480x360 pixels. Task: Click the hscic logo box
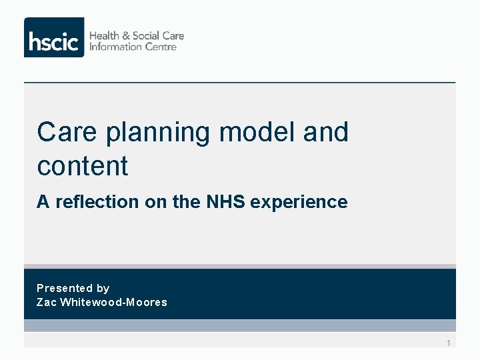pyautogui.click(x=54, y=37)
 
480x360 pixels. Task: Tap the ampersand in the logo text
pyautogui.click(x=127, y=35)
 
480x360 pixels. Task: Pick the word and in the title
pyautogui.click(x=325, y=132)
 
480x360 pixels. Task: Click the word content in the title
pyautogui.click(x=82, y=166)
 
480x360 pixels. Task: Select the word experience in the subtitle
pyautogui.click(x=299, y=202)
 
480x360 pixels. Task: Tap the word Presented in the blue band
pyautogui.click(x=65, y=288)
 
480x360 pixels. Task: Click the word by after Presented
pyautogui.click(x=103, y=288)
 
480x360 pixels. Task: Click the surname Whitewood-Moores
pyautogui.click(x=113, y=302)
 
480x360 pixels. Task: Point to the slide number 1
pyautogui.click(x=449, y=343)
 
